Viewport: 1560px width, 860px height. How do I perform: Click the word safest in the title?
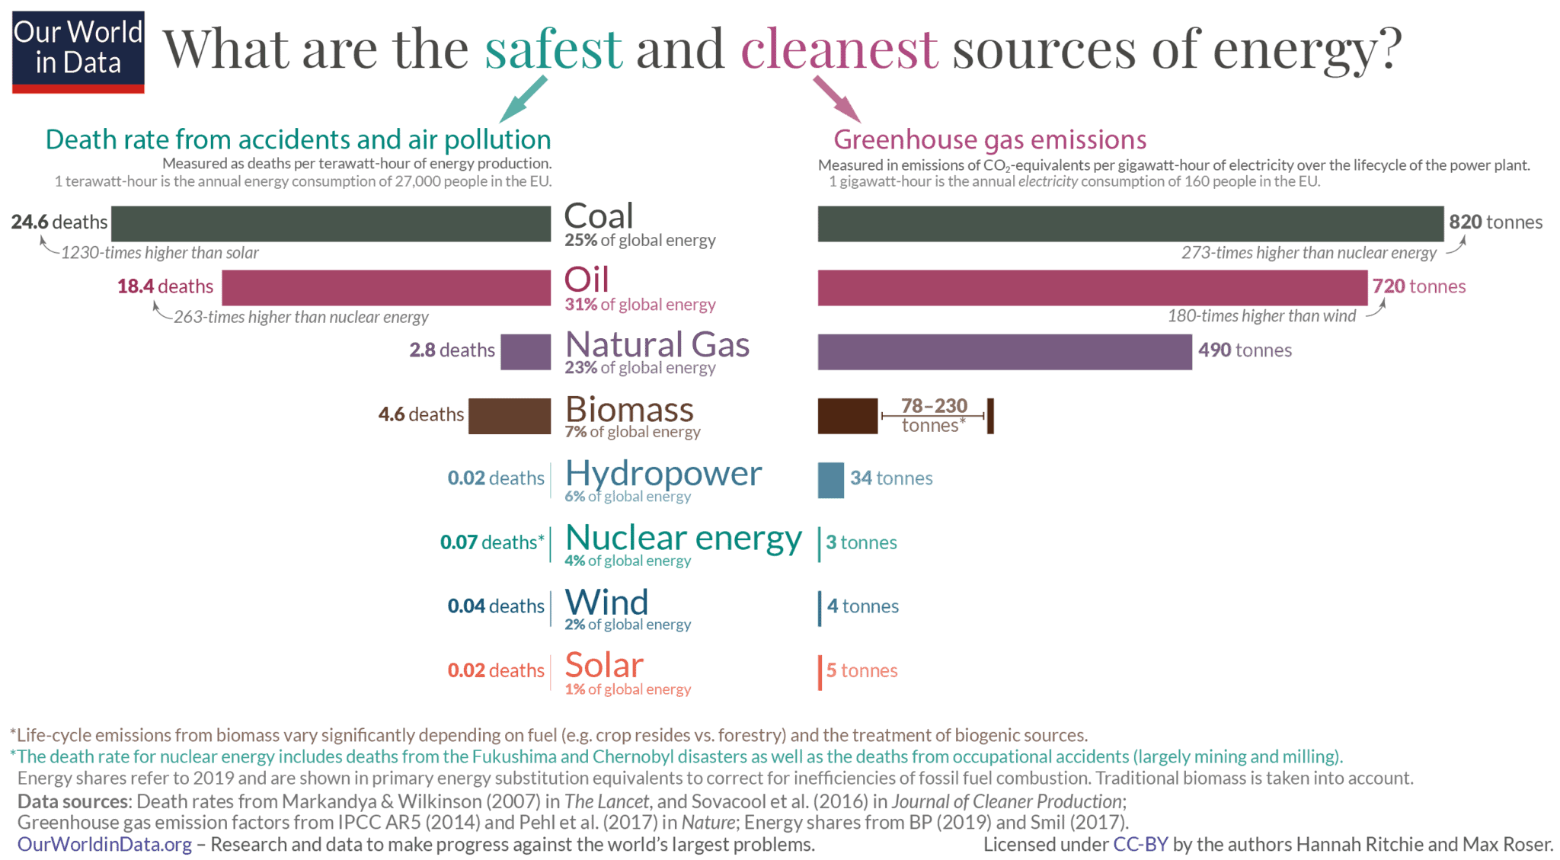[554, 49]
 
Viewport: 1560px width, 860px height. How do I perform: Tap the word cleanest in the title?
[839, 49]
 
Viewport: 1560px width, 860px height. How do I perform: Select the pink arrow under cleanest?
[837, 99]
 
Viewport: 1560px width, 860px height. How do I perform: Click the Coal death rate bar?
[331, 223]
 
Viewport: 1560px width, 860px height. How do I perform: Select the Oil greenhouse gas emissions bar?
[1092, 287]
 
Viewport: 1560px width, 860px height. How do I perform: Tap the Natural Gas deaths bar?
[526, 351]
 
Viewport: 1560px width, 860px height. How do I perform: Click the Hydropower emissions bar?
[830, 480]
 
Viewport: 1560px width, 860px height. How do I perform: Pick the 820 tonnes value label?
[1495, 222]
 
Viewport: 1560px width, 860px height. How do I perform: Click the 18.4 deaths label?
[165, 286]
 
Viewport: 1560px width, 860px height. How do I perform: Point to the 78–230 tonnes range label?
[934, 415]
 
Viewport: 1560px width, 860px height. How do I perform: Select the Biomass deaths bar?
[509, 416]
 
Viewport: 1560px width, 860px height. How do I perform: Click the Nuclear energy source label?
[683, 538]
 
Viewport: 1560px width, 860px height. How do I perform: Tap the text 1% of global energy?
[628, 689]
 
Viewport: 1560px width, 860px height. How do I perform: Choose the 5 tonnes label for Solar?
[862, 670]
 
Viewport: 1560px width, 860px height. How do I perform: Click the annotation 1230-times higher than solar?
[159, 253]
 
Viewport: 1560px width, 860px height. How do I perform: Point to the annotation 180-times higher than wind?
[1261, 316]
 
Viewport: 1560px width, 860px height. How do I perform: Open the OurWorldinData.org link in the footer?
[104, 844]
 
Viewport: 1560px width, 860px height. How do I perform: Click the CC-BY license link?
[1140, 844]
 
